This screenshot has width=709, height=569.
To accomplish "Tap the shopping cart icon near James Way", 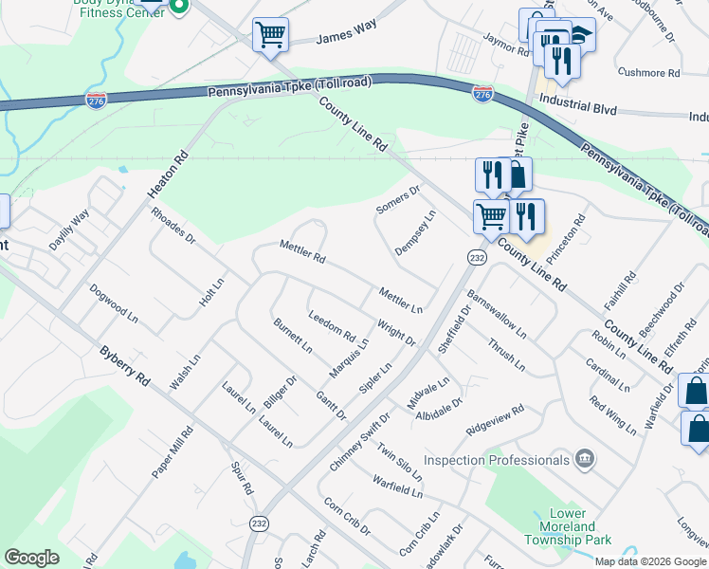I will pos(270,35).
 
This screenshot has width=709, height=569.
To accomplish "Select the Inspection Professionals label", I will pos(497,460).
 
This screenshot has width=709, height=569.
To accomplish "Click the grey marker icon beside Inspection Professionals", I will pos(586,460).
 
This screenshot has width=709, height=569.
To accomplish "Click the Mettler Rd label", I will pos(302,252).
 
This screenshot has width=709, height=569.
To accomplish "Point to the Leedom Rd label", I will pos(332,327).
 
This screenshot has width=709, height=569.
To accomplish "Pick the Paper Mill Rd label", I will pos(173,452).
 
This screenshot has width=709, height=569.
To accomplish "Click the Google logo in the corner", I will pos(31,558).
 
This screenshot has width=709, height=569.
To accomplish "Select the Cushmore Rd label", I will pos(649,72).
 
